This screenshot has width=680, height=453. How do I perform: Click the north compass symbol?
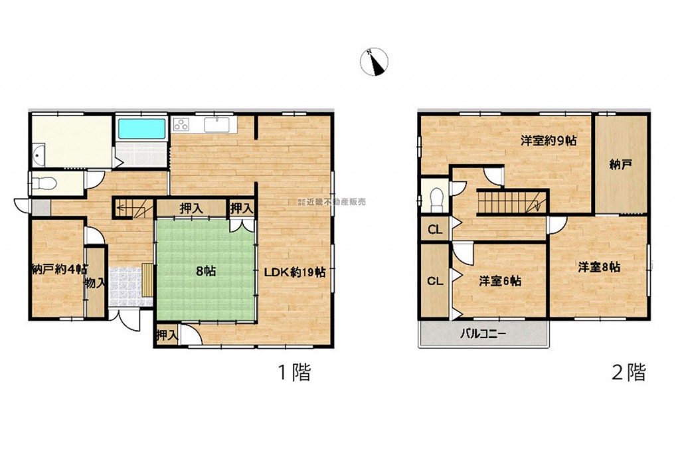374,62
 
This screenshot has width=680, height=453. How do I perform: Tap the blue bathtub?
142,129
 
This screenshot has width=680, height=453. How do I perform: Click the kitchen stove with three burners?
181,124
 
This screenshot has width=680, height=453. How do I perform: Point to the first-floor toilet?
43,184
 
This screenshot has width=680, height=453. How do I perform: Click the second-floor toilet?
436,199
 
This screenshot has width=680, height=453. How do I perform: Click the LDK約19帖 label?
296,272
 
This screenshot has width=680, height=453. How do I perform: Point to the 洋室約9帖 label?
549,141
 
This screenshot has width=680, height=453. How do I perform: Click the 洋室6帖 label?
500,281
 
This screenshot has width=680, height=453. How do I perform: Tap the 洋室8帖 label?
599,267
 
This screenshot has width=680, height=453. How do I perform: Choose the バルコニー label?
483,334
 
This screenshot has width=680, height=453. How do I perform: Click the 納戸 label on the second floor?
620,165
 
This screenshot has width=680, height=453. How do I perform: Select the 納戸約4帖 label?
59,270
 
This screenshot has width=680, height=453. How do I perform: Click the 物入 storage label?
96,284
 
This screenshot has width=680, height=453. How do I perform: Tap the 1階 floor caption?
294,372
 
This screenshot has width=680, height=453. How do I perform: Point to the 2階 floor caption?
628,372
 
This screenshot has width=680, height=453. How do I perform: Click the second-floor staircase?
512,202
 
